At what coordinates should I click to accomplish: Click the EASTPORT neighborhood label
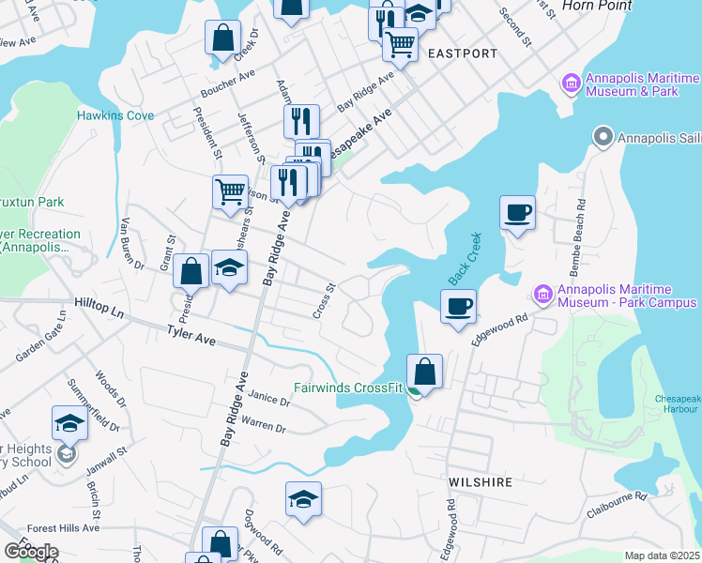[462, 53]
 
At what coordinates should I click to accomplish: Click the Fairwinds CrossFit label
[347, 387]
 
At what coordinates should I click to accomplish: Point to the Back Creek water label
[464, 259]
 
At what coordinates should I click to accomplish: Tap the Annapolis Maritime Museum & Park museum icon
[570, 84]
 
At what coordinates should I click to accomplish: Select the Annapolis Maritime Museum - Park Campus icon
[542, 295]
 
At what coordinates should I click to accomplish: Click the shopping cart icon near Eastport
[401, 44]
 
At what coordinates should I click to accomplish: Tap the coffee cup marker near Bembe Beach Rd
[517, 212]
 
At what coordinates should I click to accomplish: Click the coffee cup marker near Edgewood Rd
[458, 306]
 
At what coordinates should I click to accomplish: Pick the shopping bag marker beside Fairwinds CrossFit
[425, 371]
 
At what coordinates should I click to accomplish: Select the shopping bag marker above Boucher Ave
[223, 38]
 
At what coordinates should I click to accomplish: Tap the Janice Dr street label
[272, 400]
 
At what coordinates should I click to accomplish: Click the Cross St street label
[324, 300]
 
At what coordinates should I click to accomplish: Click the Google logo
[31, 551]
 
